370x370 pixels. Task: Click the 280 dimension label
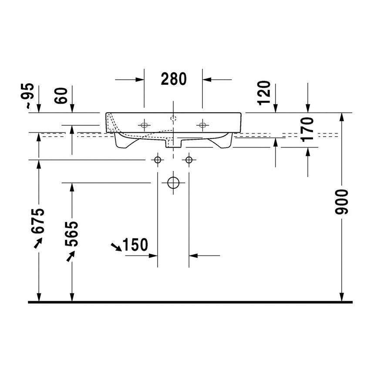coord(173,79)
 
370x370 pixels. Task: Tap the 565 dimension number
coord(72,234)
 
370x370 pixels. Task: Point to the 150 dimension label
coord(135,245)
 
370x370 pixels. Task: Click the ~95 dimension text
coord(28,95)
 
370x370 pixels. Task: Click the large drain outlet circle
coord(174,183)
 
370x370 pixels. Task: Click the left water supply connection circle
coord(158,160)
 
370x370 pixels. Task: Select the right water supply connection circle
coord(189,160)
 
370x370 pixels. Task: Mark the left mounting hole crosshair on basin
coord(144,125)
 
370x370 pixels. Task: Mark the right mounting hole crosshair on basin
coord(202,125)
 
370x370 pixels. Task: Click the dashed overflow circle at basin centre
coord(173,118)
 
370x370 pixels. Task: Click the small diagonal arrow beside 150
coord(116,247)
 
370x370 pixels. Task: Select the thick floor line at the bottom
coord(190,301)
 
